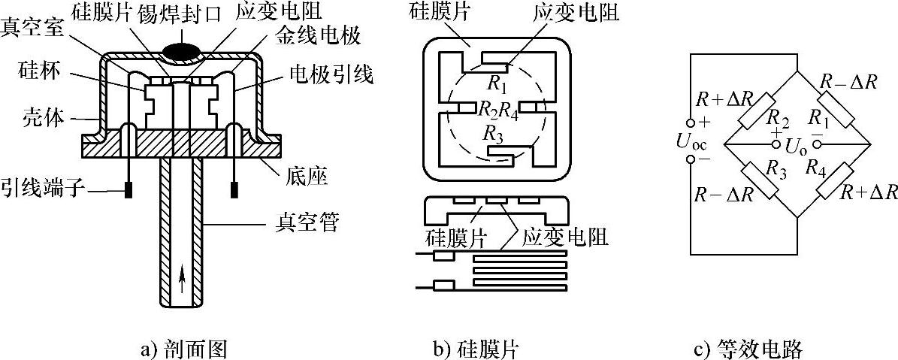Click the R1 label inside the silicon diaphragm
pyautogui.click(x=496, y=80)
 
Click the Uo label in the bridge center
pyautogui.click(x=794, y=143)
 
